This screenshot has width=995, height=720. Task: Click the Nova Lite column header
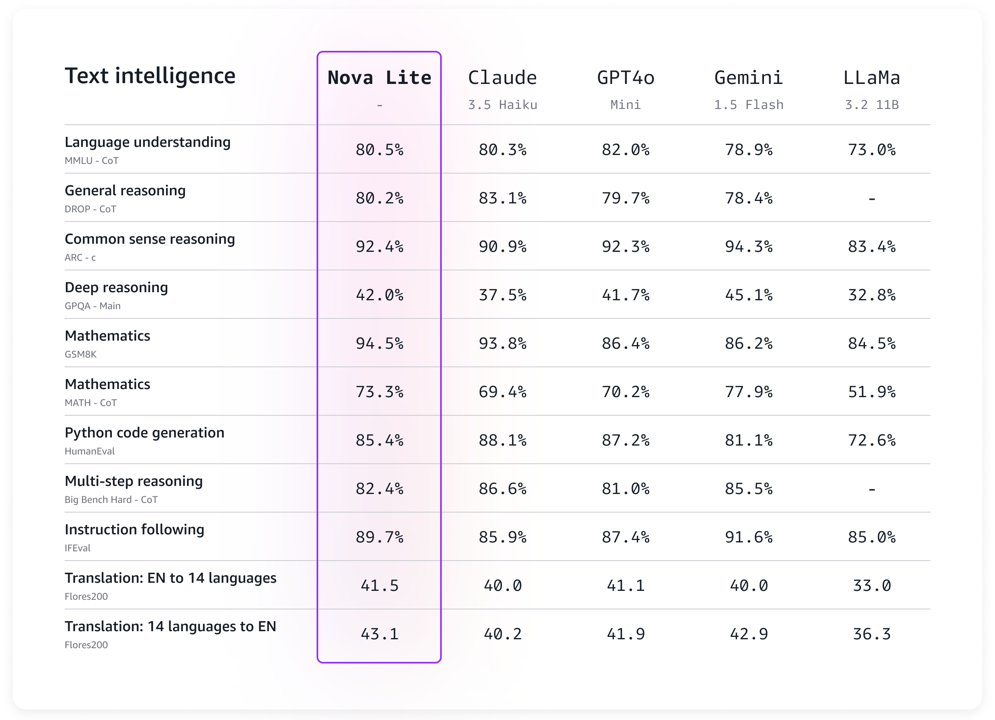coord(379,77)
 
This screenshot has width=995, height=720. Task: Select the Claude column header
coord(502,77)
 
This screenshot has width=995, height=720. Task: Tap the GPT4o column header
coord(626,77)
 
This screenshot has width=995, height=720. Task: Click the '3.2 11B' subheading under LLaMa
coord(872,105)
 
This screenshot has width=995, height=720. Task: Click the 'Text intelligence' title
coord(150,76)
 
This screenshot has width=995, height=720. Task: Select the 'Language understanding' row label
coord(147,142)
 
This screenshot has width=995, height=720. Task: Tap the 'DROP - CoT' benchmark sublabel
coord(90,209)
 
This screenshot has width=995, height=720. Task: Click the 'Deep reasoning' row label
coord(116,287)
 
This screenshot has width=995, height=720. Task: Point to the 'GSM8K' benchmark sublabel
coord(80,354)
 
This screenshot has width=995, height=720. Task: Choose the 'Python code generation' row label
coord(144,432)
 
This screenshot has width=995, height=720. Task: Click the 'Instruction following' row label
coord(134,529)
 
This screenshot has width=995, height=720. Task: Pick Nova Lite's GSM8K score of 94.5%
coord(380,343)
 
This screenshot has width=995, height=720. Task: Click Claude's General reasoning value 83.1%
coord(502,198)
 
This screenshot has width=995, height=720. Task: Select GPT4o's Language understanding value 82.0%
coord(626,150)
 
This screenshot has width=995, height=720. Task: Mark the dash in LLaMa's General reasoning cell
coord(872,199)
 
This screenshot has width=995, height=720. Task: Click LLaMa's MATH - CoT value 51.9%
coord(872,392)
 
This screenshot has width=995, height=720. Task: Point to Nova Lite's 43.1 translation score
coord(380,634)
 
